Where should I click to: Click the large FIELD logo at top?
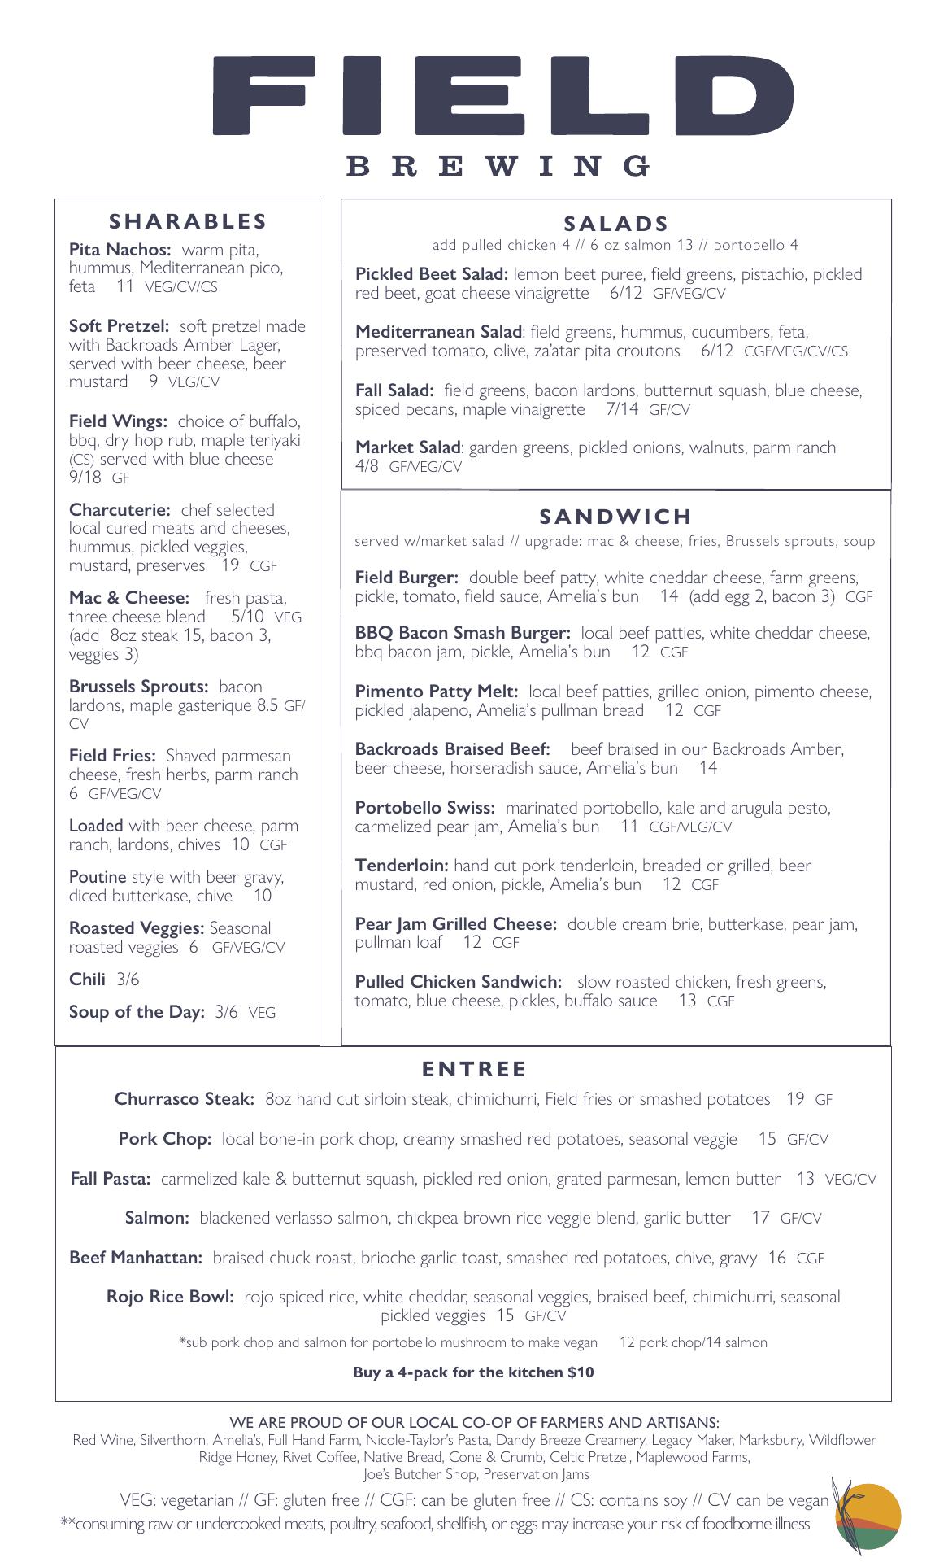tap(502, 95)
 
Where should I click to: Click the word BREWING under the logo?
tap(498, 166)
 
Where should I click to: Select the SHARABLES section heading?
tap(188, 221)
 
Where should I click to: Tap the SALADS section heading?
tap(616, 224)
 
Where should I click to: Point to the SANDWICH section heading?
tap(615, 517)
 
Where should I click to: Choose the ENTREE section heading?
tap(474, 1069)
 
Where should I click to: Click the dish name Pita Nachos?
tap(120, 250)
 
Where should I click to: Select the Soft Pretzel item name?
tap(119, 326)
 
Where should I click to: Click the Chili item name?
tap(88, 980)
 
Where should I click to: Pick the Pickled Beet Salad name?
tap(431, 274)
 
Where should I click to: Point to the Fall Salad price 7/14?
tap(622, 409)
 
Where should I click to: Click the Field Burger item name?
tap(407, 578)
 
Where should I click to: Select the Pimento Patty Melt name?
tap(436, 692)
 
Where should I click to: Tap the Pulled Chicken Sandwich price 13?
tap(687, 1001)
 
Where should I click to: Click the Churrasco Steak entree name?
tap(185, 1099)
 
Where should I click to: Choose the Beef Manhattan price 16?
tap(776, 1258)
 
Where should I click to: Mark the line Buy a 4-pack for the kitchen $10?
tap(473, 1372)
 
